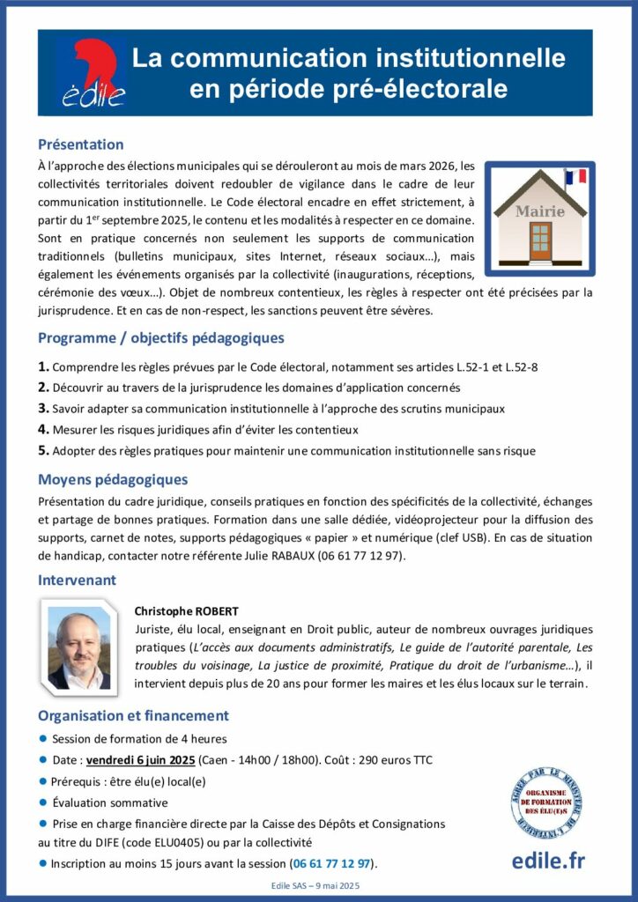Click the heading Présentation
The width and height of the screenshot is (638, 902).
(x=80, y=144)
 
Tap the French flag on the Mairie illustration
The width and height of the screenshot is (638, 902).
(x=576, y=176)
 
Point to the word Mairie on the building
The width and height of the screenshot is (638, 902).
(x=539, y=211)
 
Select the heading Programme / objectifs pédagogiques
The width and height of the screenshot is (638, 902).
(x=160, y=337)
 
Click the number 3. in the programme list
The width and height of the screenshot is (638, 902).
(x=43, y=409)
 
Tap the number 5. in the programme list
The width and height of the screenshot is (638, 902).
(x=43, y=450)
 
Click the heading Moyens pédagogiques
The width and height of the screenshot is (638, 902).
(x=112, y=480)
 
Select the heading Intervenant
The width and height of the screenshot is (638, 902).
(x=77, y=580)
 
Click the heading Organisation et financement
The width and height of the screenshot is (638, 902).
(x=133, y=715)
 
